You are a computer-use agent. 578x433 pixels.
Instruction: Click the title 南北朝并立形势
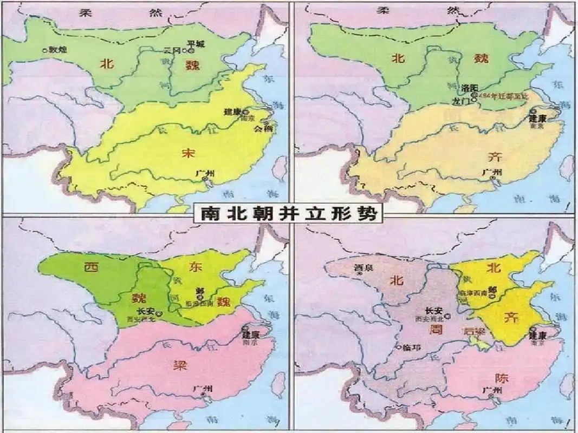(x=289, y=214)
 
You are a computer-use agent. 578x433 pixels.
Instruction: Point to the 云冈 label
(x=171, y=50)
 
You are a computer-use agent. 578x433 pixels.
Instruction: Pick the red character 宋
(x=187, y=153)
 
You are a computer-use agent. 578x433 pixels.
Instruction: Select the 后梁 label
(x=471, y=331)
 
